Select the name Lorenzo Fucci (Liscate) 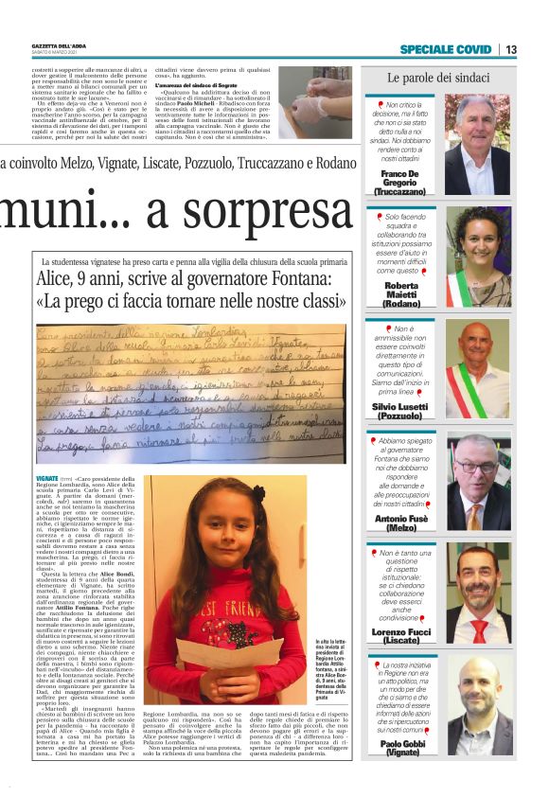click(401, 633)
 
